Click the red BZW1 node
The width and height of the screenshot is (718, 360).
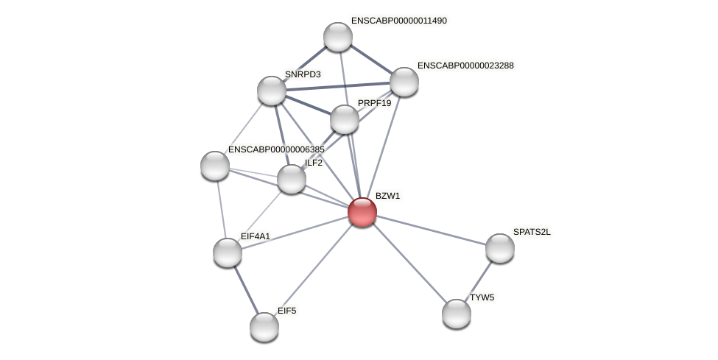[362, 212]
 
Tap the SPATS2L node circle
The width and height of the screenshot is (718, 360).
[499, 248]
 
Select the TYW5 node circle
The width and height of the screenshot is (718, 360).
[456, 314]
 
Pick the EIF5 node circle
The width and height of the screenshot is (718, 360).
[264, 326]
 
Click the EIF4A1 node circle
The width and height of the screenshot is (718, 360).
[227, 253]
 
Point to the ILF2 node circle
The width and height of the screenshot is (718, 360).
[291, 179]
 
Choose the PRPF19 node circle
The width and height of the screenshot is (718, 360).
[344, 119]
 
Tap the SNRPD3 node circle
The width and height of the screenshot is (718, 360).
[271, 91]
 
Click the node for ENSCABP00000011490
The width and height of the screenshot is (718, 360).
[337, 37]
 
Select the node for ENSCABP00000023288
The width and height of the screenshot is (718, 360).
[404, 82]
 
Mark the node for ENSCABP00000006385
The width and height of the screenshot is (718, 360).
[214, 166]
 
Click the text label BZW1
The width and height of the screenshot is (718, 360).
[387, 196]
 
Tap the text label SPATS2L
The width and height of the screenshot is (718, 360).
[531, 232]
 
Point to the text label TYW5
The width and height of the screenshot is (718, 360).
[482, 297]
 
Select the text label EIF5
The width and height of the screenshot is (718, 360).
[286, 311]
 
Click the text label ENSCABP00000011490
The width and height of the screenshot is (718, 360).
[398, 21]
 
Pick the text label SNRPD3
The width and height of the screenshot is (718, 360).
[302, 74]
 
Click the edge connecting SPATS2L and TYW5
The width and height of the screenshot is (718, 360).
[478, 280]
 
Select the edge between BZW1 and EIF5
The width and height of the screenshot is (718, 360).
[313, 269]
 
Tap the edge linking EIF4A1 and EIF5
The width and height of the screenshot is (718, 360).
[245, 289]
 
